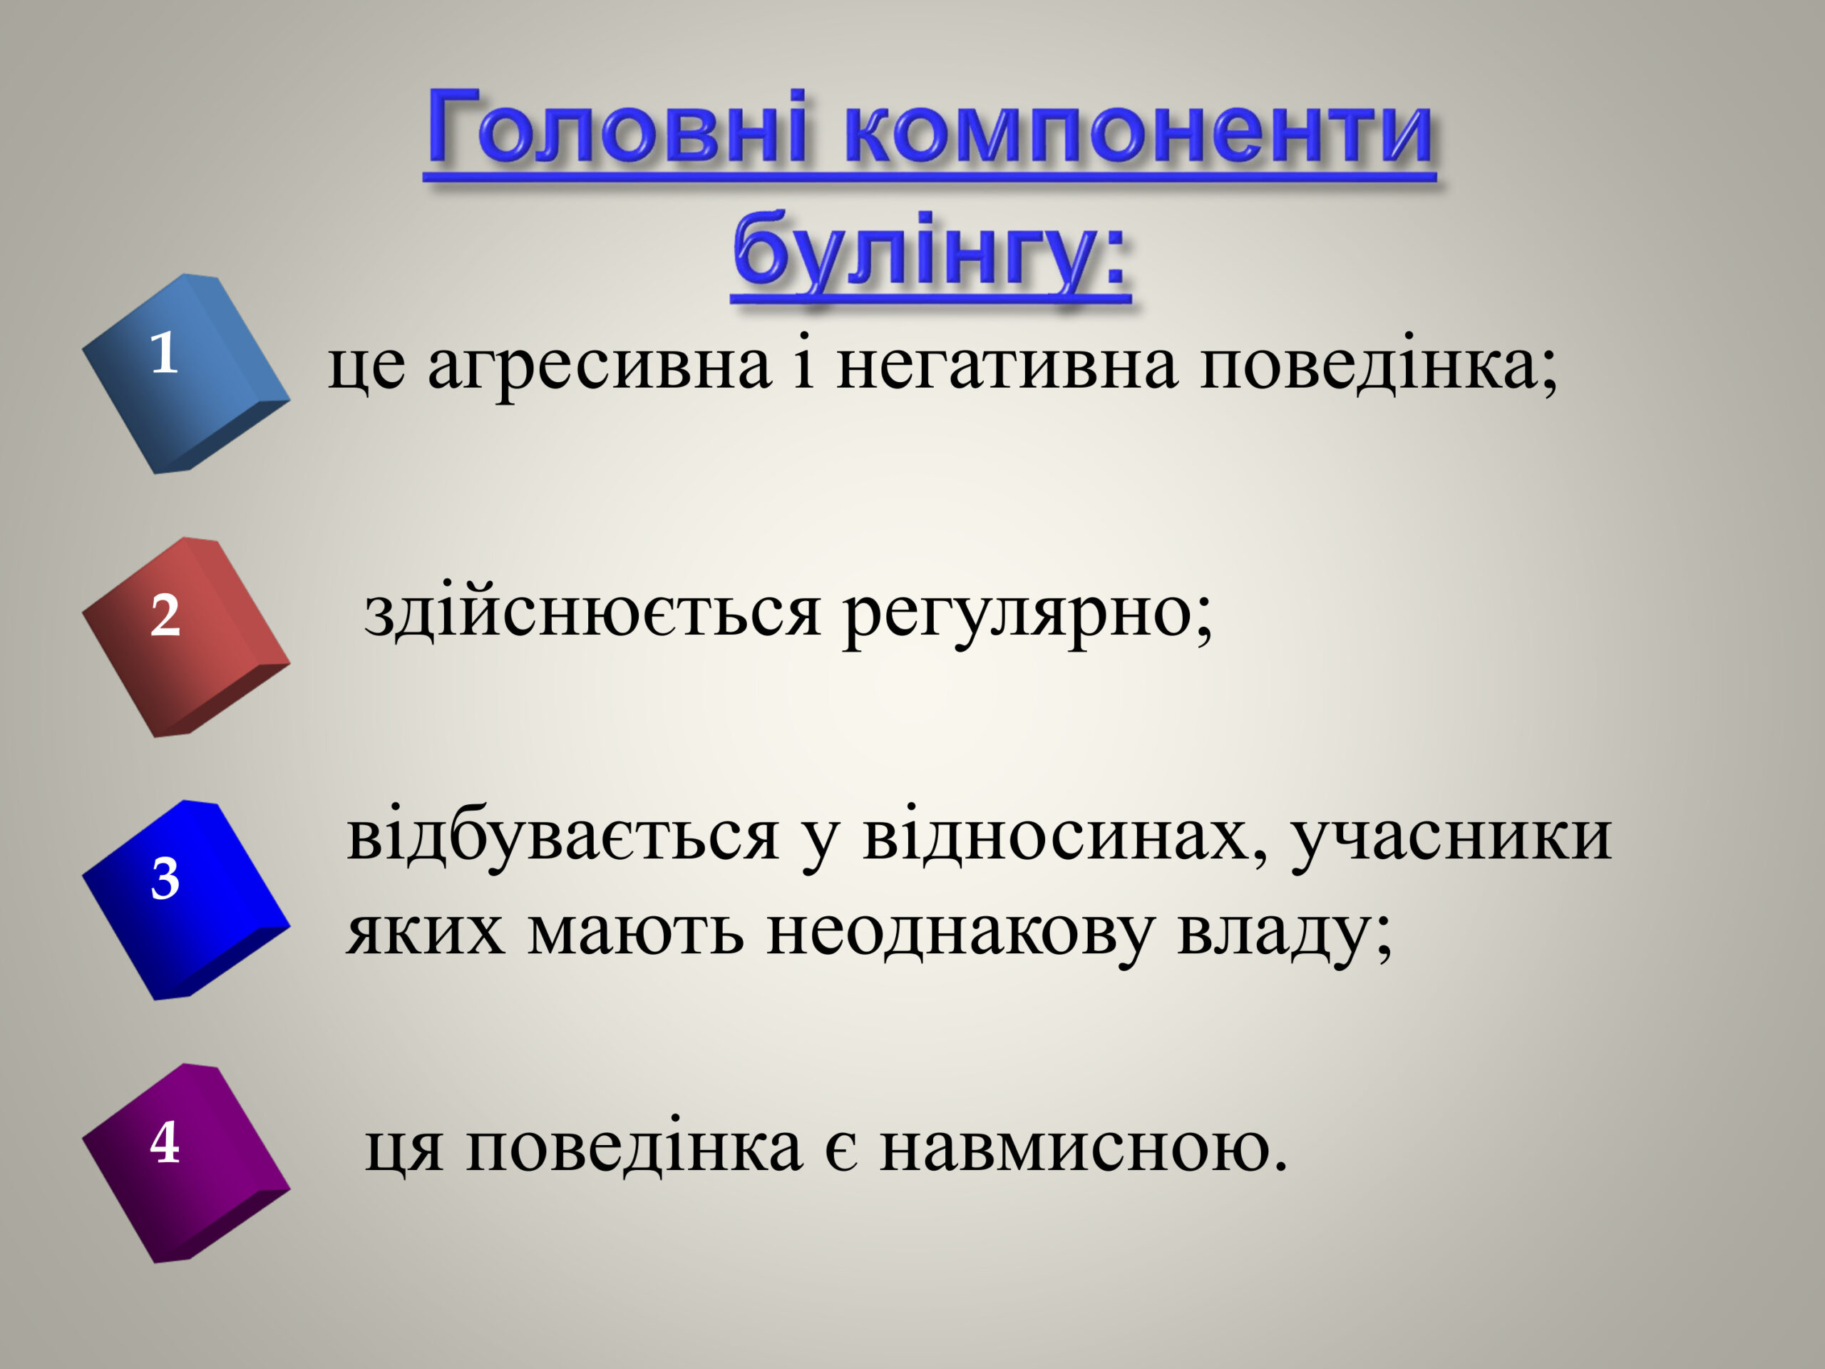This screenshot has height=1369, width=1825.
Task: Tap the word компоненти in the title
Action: [x=1138, y=132]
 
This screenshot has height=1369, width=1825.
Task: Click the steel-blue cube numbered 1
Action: [x=185, y=373]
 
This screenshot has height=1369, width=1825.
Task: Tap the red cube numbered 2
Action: [x=185, y=636]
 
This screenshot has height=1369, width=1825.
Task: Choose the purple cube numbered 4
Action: [x=185, y=1163]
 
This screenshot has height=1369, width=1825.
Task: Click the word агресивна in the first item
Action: [x=600, y=367]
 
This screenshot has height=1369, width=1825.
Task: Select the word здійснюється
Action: [x=592, y=615]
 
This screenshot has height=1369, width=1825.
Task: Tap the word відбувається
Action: [x=562, y=837]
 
